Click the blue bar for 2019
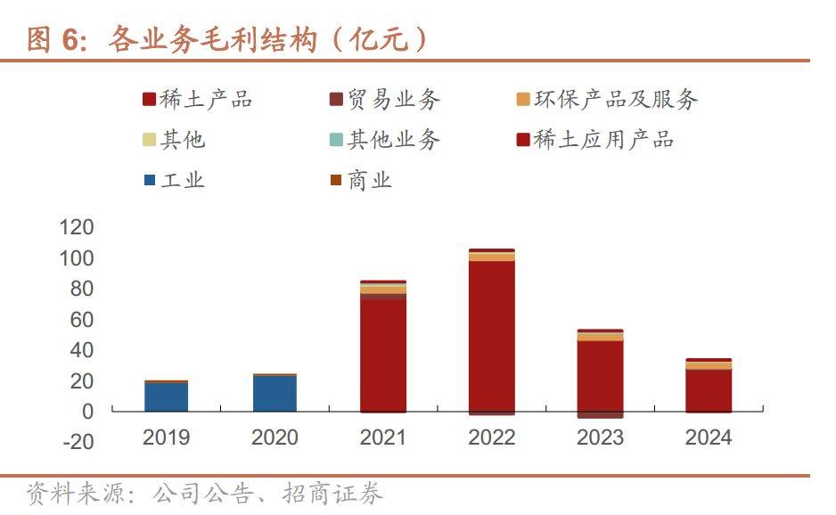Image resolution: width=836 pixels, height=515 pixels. (166, 396)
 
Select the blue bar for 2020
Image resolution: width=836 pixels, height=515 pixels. (275, 394)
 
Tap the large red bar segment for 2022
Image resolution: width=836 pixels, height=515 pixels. (491, 336)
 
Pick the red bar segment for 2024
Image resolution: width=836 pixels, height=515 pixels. (709, 390)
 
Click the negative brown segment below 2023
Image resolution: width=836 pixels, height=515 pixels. (600, 415)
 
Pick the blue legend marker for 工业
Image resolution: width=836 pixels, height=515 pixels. (150, 181)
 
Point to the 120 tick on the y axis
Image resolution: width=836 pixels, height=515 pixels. (77, 228)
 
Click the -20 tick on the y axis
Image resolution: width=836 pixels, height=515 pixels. (77, 442)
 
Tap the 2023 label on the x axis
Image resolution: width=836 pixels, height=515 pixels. (600, 437)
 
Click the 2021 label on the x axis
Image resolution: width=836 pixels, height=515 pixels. (383, 437)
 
